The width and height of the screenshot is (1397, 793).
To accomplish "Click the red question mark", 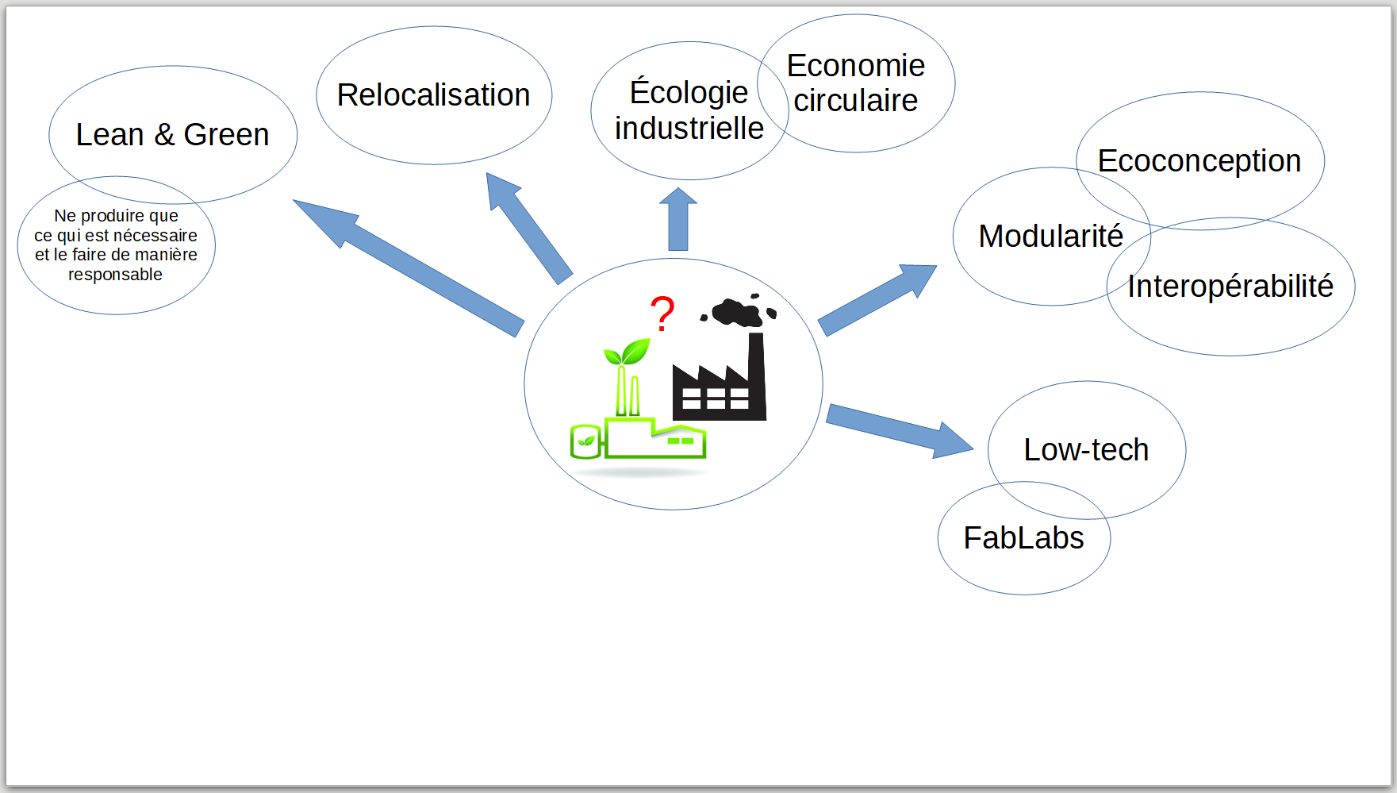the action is [662, 313].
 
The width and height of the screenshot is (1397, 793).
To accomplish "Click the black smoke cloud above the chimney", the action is [739, 310].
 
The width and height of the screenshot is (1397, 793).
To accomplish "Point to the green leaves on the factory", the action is [627, 352].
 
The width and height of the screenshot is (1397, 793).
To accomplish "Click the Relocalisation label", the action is [433, 95].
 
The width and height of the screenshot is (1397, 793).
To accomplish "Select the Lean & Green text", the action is [172, 135].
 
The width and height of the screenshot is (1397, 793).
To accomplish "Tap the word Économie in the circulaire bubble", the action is [855, 66].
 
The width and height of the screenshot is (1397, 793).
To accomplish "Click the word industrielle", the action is [689, 129].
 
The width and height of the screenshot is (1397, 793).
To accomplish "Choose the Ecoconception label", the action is [1199, 161].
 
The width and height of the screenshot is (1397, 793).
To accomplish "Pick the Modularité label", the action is [1050, 236].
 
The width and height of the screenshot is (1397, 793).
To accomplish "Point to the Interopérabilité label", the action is [1230, 287].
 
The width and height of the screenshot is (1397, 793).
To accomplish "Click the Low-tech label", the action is [1086, 450].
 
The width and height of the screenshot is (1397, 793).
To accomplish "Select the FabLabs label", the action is [1023, 538].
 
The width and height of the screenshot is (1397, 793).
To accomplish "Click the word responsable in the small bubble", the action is [115, 275].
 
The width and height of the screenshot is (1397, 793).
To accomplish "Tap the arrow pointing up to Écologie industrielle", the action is [678, 219].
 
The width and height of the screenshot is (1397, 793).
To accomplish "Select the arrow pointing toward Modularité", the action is [877, 300].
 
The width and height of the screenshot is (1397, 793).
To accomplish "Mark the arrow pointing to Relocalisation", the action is [529, 229].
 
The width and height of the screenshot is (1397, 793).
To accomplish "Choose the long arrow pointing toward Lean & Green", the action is [409, 268].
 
